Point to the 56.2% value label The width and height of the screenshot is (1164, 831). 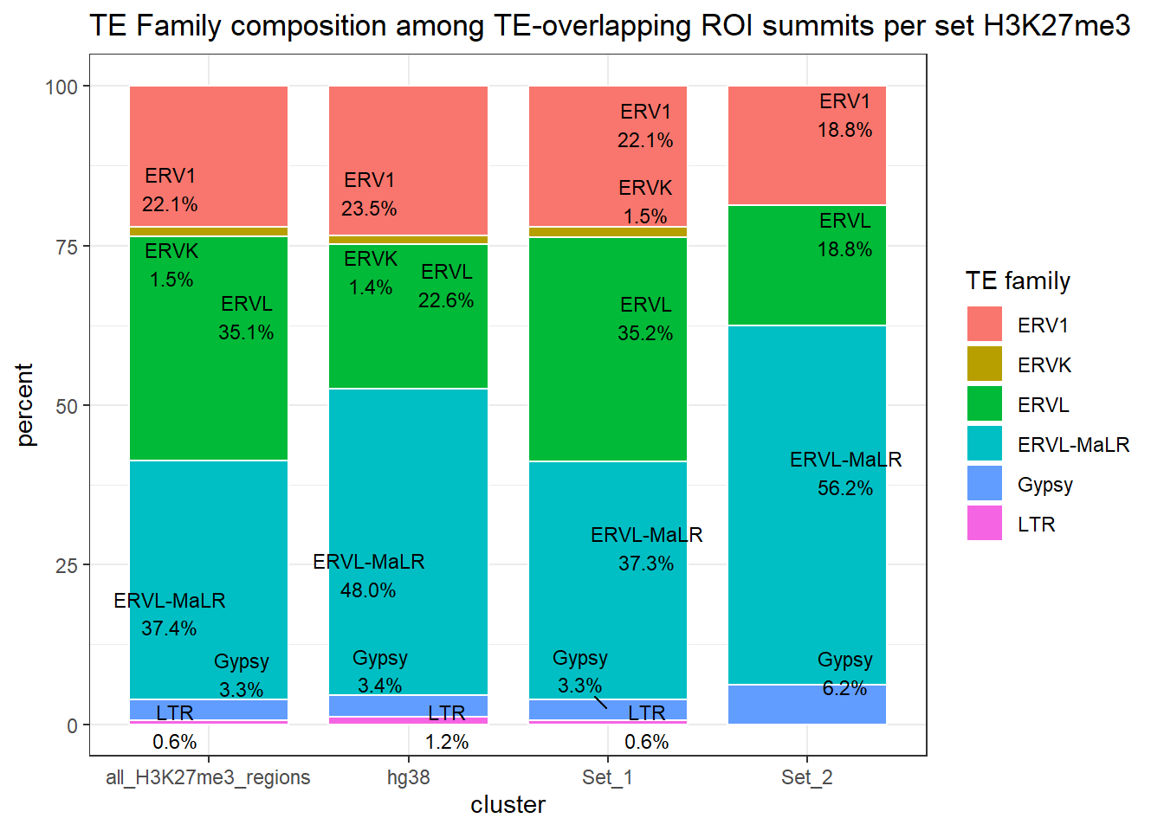click(x=844, y=488)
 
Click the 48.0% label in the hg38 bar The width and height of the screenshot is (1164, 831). click(x=368, y=590)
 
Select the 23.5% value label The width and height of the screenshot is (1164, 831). click(x=369, y=209)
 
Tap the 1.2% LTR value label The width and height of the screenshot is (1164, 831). click(x=447, y=742)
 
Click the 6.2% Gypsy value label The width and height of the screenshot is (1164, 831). click(x=844, y=688)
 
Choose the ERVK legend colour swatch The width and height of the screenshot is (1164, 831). click(x=984, y=364)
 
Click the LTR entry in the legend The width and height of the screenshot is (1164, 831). click(x=1036, y=525)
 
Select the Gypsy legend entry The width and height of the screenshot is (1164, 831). click(x=1044, y=485)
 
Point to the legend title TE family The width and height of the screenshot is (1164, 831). click(x=1018, y=280)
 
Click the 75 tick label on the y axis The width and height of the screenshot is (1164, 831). click(x=67, y=247)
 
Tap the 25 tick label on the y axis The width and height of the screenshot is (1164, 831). click(x=67, y=566)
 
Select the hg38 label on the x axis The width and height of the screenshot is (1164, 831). click(x=408, y=777)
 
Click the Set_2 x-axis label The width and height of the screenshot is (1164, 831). click(x=806, y=777)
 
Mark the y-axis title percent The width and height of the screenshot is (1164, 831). click(x=25, y=405)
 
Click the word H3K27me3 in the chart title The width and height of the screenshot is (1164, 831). click(x=1057, y=26)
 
